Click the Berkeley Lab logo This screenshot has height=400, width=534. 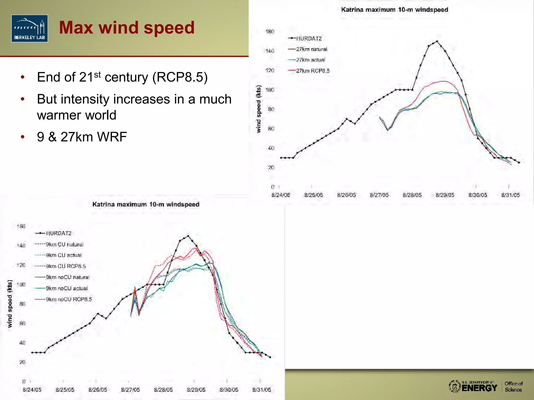tap(29, 28)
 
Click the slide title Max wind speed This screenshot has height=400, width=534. tap(127, 28)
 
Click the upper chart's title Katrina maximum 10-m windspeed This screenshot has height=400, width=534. tap(395, 10)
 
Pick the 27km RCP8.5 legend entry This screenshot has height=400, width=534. tap(312, 71)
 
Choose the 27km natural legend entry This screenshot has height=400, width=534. tap(311, 49)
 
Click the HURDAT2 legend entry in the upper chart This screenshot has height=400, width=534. tap(309, 39)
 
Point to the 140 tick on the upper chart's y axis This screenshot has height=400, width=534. tap(270, 51)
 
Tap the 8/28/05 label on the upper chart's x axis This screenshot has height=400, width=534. tap(412, 195)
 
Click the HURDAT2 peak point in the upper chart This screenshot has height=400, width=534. tap(437, 41)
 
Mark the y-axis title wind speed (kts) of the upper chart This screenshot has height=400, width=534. tap(258, 109)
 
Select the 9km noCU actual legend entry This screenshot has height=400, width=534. tap(67, 288)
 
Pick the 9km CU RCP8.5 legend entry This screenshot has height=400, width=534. tap(66, 266)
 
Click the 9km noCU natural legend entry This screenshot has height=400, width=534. tap(67, 277)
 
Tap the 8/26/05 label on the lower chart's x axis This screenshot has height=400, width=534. tap(98, 390)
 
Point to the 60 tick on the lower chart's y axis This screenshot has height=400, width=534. tap(22, 323)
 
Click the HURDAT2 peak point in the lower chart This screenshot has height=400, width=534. tap(188, 236)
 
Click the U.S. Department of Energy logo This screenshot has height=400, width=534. tap(473, 386)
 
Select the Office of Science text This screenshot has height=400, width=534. tap(513, 387)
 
